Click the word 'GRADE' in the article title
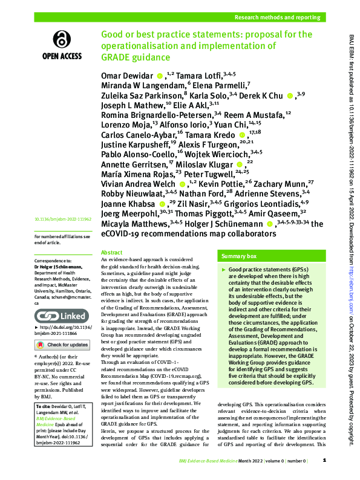117,57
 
